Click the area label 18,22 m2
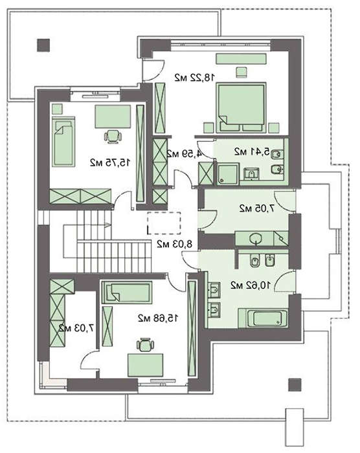195,78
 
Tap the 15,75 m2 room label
110,162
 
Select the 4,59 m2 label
184,153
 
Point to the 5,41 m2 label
252,151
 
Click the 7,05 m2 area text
257,208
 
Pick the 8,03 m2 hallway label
174,244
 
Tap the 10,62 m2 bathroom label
251,285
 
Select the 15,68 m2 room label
158,318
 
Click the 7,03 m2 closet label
76,328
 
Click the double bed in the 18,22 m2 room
241,107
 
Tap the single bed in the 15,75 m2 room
63,142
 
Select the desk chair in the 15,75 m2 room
112,136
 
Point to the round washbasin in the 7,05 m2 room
255,239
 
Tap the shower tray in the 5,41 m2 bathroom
228,174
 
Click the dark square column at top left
43,45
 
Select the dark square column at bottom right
295,385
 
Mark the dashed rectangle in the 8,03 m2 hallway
164,223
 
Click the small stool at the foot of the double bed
242,72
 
